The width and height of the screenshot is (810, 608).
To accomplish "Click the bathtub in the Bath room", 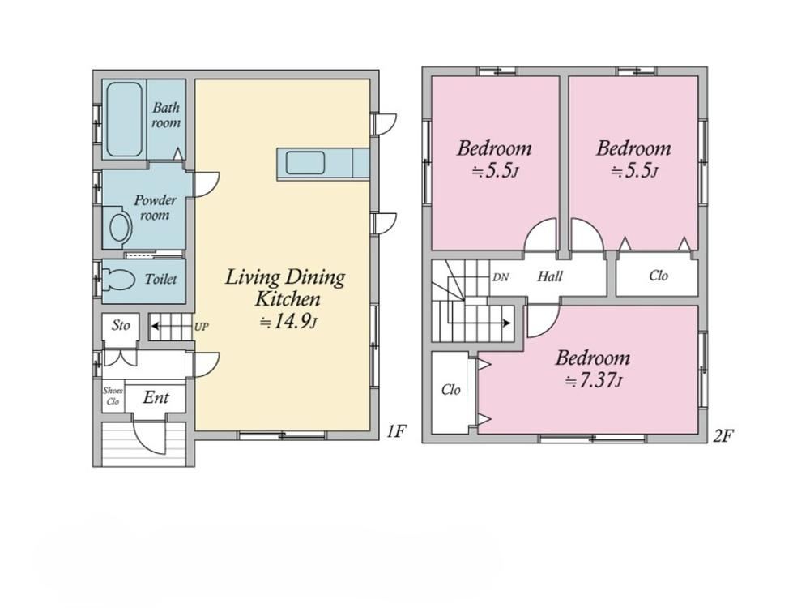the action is tap(125, 119).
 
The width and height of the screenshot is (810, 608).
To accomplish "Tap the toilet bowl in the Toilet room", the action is tap(119, 280).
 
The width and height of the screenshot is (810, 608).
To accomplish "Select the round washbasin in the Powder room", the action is tap(120, 227).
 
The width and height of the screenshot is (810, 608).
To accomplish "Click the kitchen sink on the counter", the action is tap(305, 163).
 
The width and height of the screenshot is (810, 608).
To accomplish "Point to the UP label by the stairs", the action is tap(202, 327).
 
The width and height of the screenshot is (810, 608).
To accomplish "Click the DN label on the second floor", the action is tap(501, 277).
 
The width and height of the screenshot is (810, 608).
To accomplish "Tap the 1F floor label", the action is tap(397, 430).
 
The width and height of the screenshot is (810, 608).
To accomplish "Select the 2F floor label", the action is tap(723, 436).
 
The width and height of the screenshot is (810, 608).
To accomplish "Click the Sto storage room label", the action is tap(121, 325).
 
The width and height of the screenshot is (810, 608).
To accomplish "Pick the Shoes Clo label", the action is tap(113, 396).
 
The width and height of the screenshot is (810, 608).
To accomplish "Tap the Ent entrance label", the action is tap(156, 397).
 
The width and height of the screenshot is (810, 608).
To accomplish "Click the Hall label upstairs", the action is tap(550, 276).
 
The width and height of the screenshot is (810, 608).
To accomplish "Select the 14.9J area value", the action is tap(288, 322).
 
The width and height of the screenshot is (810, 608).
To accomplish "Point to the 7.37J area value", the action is tap(594, 381).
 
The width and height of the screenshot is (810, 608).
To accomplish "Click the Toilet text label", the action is tap(160, 279).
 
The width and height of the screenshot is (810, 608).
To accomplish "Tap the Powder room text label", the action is tap(156, 208).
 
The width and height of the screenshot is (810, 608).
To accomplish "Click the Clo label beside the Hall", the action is tap(659, 276).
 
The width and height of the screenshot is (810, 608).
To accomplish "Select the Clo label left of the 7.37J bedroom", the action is tap(451, 389).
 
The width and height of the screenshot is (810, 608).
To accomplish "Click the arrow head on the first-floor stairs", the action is tap(155, 326).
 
